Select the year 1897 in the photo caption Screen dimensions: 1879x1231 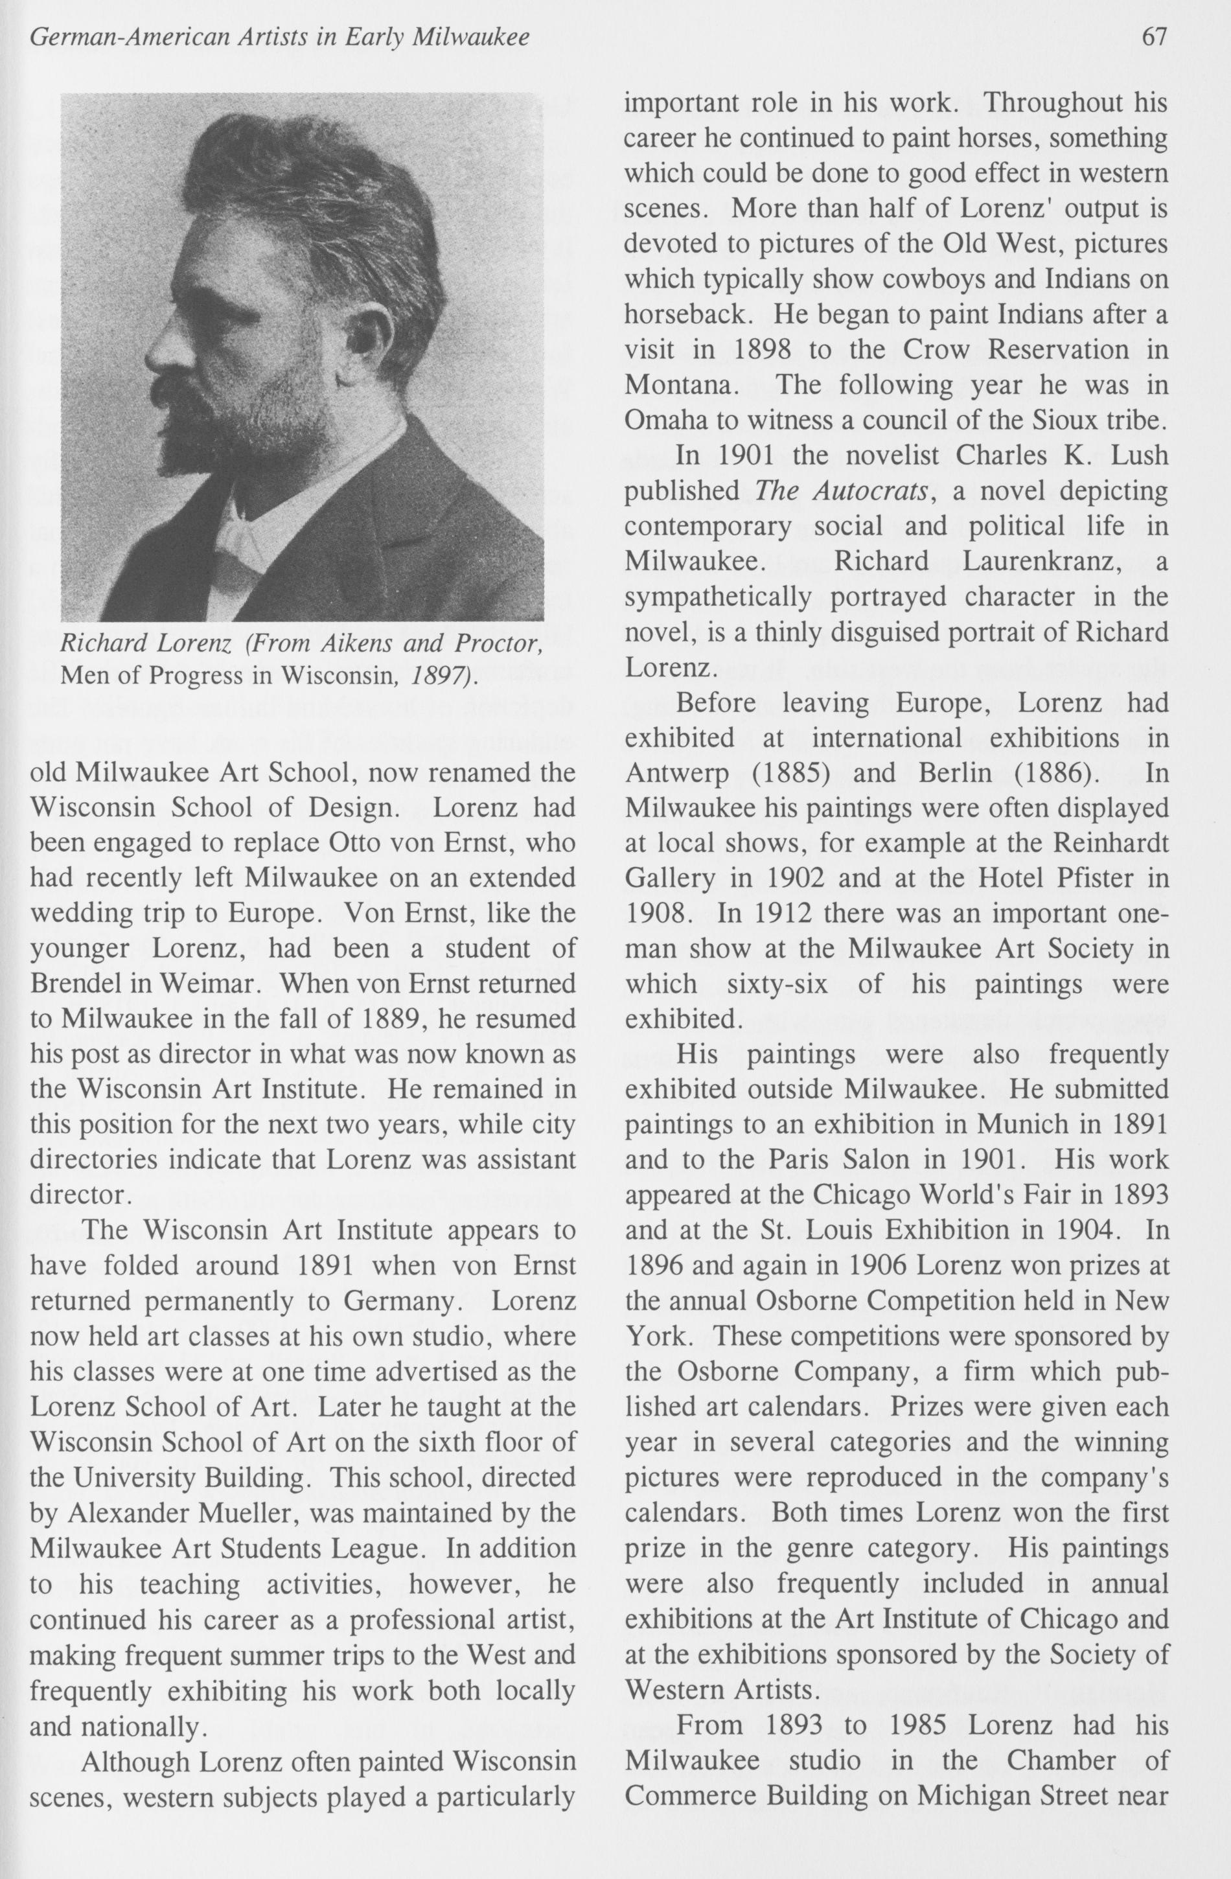pos(443,676)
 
